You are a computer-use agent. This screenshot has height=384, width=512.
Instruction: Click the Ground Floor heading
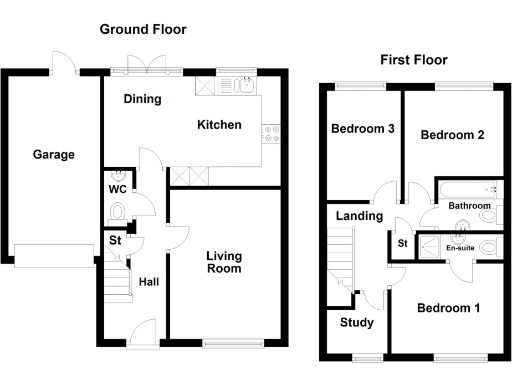(x=142, y=30)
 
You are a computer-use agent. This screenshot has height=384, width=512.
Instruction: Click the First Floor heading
(x=413, y=60)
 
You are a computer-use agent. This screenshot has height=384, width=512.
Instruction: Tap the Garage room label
(x=53, y=154)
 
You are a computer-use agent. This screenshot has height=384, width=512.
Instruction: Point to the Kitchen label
(x=219, y=125)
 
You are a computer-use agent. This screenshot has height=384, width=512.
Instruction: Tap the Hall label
(x=149, y=281)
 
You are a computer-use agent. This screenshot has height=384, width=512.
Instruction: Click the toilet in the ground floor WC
(x=117, y=211)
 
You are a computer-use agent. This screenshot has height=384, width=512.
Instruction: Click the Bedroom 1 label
(x=448, y=308)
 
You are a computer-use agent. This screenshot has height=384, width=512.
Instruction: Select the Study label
(x=357, y=322)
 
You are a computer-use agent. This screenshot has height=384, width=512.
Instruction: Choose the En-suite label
(x=459, y=247)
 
